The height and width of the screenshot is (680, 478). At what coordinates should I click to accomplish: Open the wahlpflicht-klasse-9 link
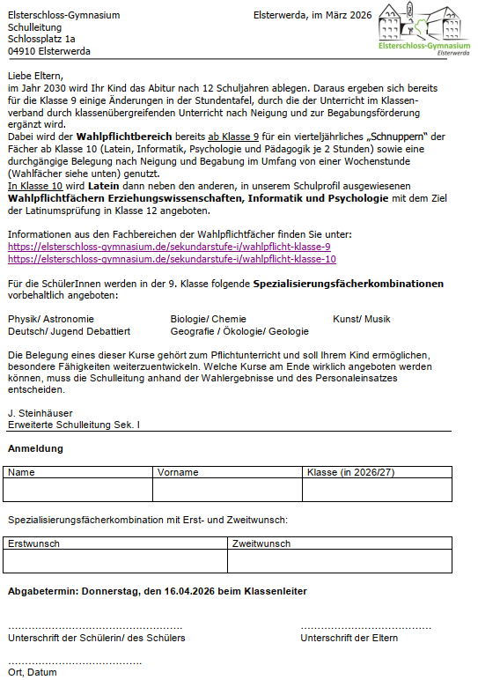pyautogui.click(x=169, y=247)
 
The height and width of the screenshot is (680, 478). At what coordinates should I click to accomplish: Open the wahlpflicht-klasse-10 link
pyautogui.click(x=172, y=259)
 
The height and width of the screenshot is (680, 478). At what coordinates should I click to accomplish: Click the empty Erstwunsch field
pyautogui.click(x=116, y=561)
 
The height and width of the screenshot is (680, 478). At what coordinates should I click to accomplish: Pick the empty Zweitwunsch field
pyautogui.click(x=339, y=561)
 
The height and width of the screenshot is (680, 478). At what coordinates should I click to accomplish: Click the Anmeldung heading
pyautogui.click(x=35, y=448)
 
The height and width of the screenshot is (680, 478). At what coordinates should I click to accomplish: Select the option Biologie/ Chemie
pyautogui.click(x=208, y=319)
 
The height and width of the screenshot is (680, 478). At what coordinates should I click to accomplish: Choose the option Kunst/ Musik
pyautogui.click(x=361, y=319)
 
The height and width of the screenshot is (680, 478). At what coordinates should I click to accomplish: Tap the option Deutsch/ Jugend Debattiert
pyautogui.click(x=69, y=331)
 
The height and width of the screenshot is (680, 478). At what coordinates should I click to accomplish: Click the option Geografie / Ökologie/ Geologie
pyautogui.click(x=239, y=331)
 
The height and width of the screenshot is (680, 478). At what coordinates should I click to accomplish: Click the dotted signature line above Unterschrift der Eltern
pyautogui.click(x=365, y=627)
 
